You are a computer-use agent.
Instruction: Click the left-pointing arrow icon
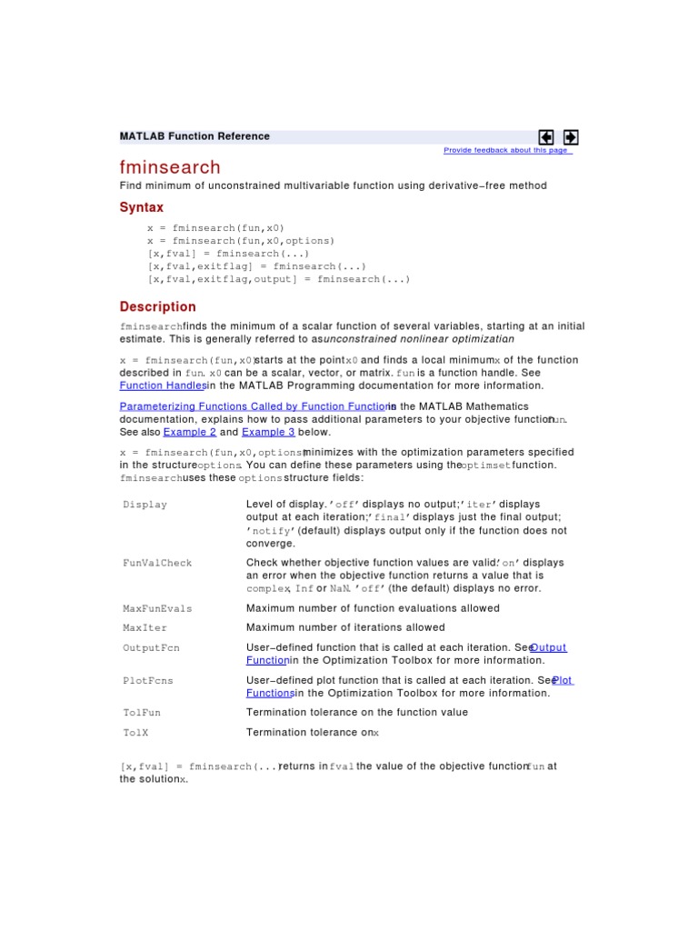tap(546, 137)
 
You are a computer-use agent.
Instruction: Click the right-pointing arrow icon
tap(571, 137)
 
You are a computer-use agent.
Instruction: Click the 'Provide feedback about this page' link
tap(506, 151)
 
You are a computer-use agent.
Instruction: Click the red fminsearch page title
tap(170, 167)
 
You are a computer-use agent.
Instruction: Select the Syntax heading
tap(142, 207)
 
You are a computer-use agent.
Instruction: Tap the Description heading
tap(158, 306)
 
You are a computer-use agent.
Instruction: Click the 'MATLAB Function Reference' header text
tap(194, 136)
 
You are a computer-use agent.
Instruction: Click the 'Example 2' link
tap(190, 433)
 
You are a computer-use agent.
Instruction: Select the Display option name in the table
tap(145, 505)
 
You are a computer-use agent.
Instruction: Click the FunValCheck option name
tap(157, 563)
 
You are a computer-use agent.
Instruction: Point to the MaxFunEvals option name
tap(157, 608)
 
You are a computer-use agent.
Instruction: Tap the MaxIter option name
tap(145, 627)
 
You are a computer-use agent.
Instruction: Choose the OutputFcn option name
tap(152, 647)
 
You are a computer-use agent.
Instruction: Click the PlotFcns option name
tap(148, 680)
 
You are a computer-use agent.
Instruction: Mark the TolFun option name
tap(143, 713)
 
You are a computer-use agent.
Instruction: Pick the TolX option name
tap(137, 732)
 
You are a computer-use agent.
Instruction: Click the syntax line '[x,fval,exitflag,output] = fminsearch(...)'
tap(278, 279)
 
